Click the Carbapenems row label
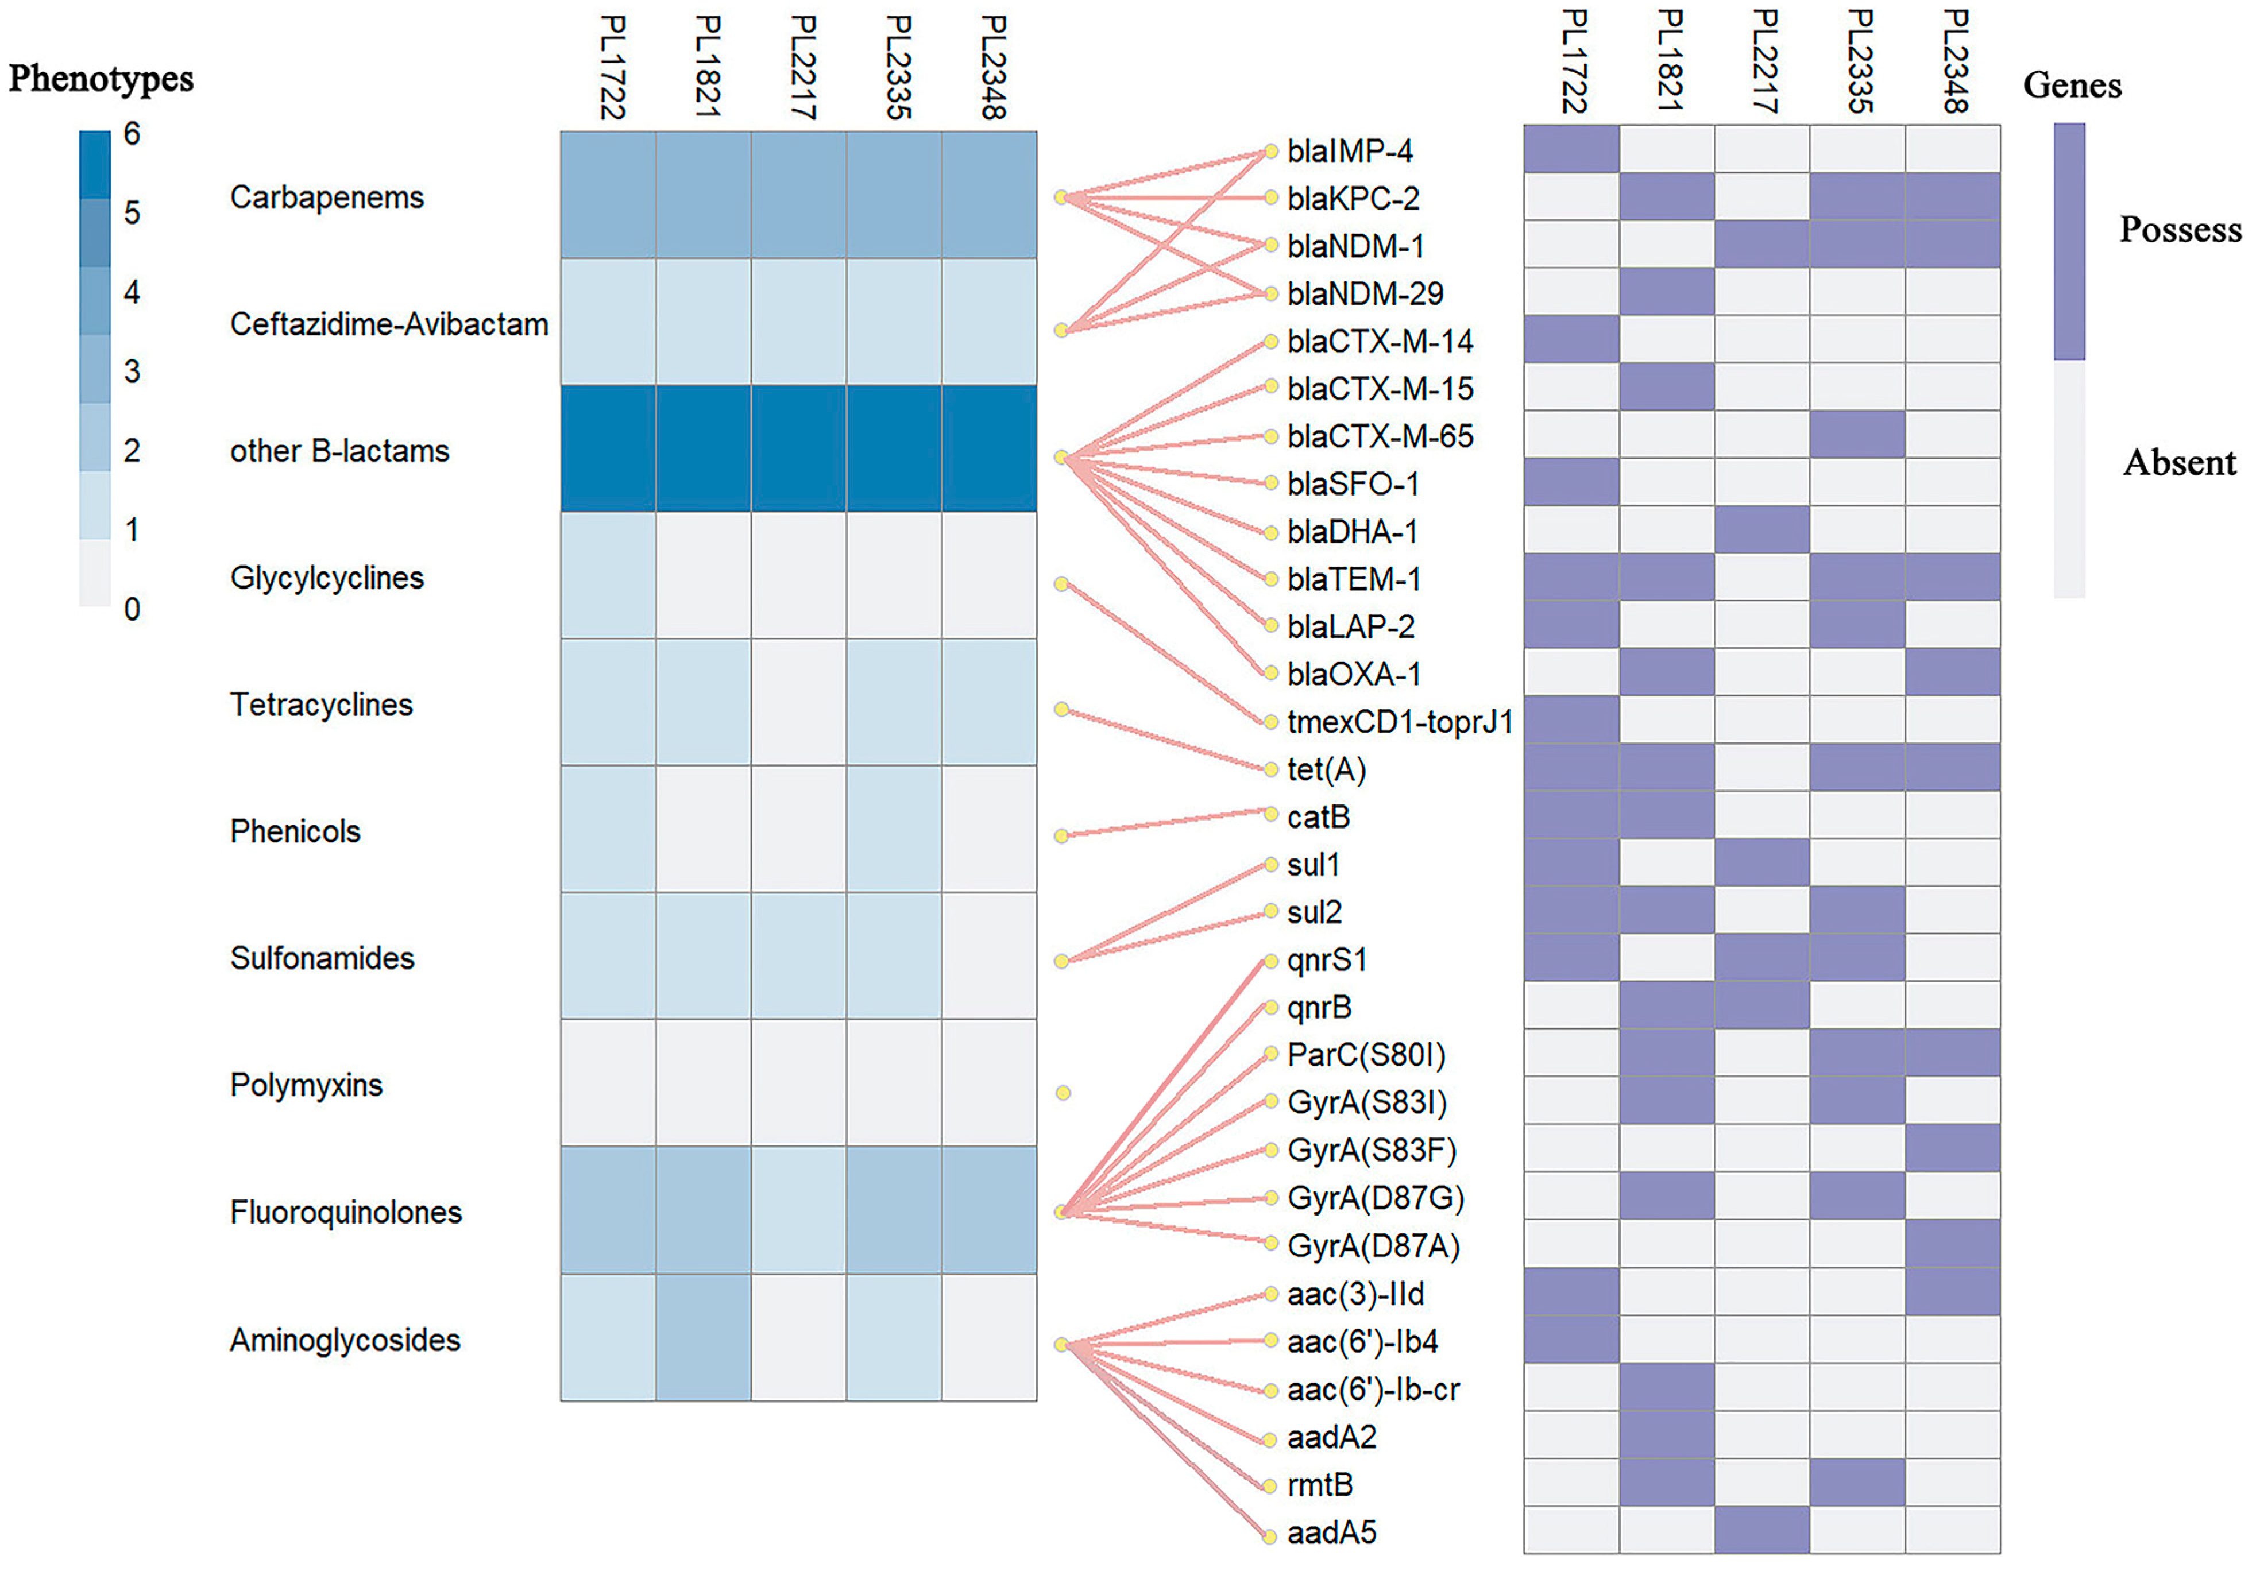pos(326,198)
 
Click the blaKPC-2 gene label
pos(1353,199)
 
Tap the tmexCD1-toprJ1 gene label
pos(1399,722)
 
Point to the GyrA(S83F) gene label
pos(1372,1151)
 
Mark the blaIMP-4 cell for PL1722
pos(1571,149)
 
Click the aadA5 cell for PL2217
pos(1761,1530)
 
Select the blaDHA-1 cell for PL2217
pos(1761,529)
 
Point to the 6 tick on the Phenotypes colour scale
pos(132,134)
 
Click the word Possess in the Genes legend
pos(2180,229)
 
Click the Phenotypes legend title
pos(101,79)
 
